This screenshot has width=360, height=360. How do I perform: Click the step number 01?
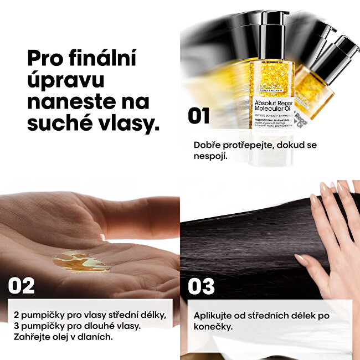pyautogui.click(x=198, y=116)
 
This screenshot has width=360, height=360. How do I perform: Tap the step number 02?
pyautogui.click(x=21, y=286)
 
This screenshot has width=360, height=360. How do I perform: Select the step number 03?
pyautogui.click(x=201, y=286)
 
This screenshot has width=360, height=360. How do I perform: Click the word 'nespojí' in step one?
pyautogui.click(x=211, y=156)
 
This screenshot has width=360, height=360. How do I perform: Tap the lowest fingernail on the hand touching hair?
pyautogui.click(x=301, y=258)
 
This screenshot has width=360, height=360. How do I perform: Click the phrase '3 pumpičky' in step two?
pyautogui.click(x=38, y=326)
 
